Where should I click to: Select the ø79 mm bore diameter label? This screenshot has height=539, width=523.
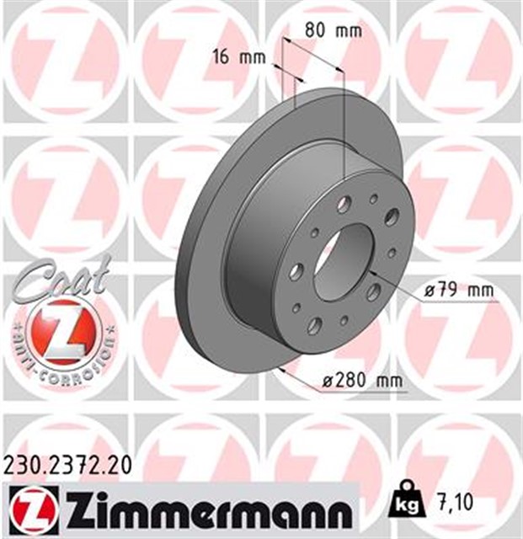click(459, 291)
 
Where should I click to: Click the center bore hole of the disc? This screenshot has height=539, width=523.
click(344, 260)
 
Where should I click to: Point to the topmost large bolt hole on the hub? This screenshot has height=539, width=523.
click(345, 205)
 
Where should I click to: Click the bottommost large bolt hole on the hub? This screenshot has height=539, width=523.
click(315, 325)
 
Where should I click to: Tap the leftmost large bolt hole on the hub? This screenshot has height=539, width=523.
click(296, 271)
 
